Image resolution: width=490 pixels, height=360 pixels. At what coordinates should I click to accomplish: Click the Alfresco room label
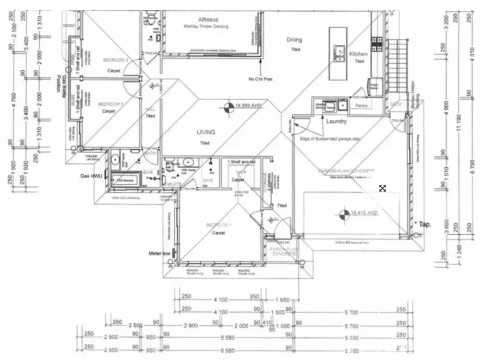point(204,19)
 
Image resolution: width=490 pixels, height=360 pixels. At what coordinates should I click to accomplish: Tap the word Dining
point(295,40)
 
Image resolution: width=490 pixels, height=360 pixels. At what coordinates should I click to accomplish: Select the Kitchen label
point(358,54)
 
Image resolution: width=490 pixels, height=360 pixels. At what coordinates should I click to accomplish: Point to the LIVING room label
point(206,132)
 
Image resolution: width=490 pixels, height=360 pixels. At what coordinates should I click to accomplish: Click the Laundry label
point(336,121)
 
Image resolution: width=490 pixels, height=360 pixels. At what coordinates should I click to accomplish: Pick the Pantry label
point(361,106)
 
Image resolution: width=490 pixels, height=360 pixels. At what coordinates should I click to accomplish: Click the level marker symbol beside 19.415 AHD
point(342,214)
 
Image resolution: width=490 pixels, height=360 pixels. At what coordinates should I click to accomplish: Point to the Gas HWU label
point(91,176)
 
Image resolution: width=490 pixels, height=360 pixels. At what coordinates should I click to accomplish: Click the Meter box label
point(160,253)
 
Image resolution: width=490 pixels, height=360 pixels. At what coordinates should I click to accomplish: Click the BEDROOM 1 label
point(218,225)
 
